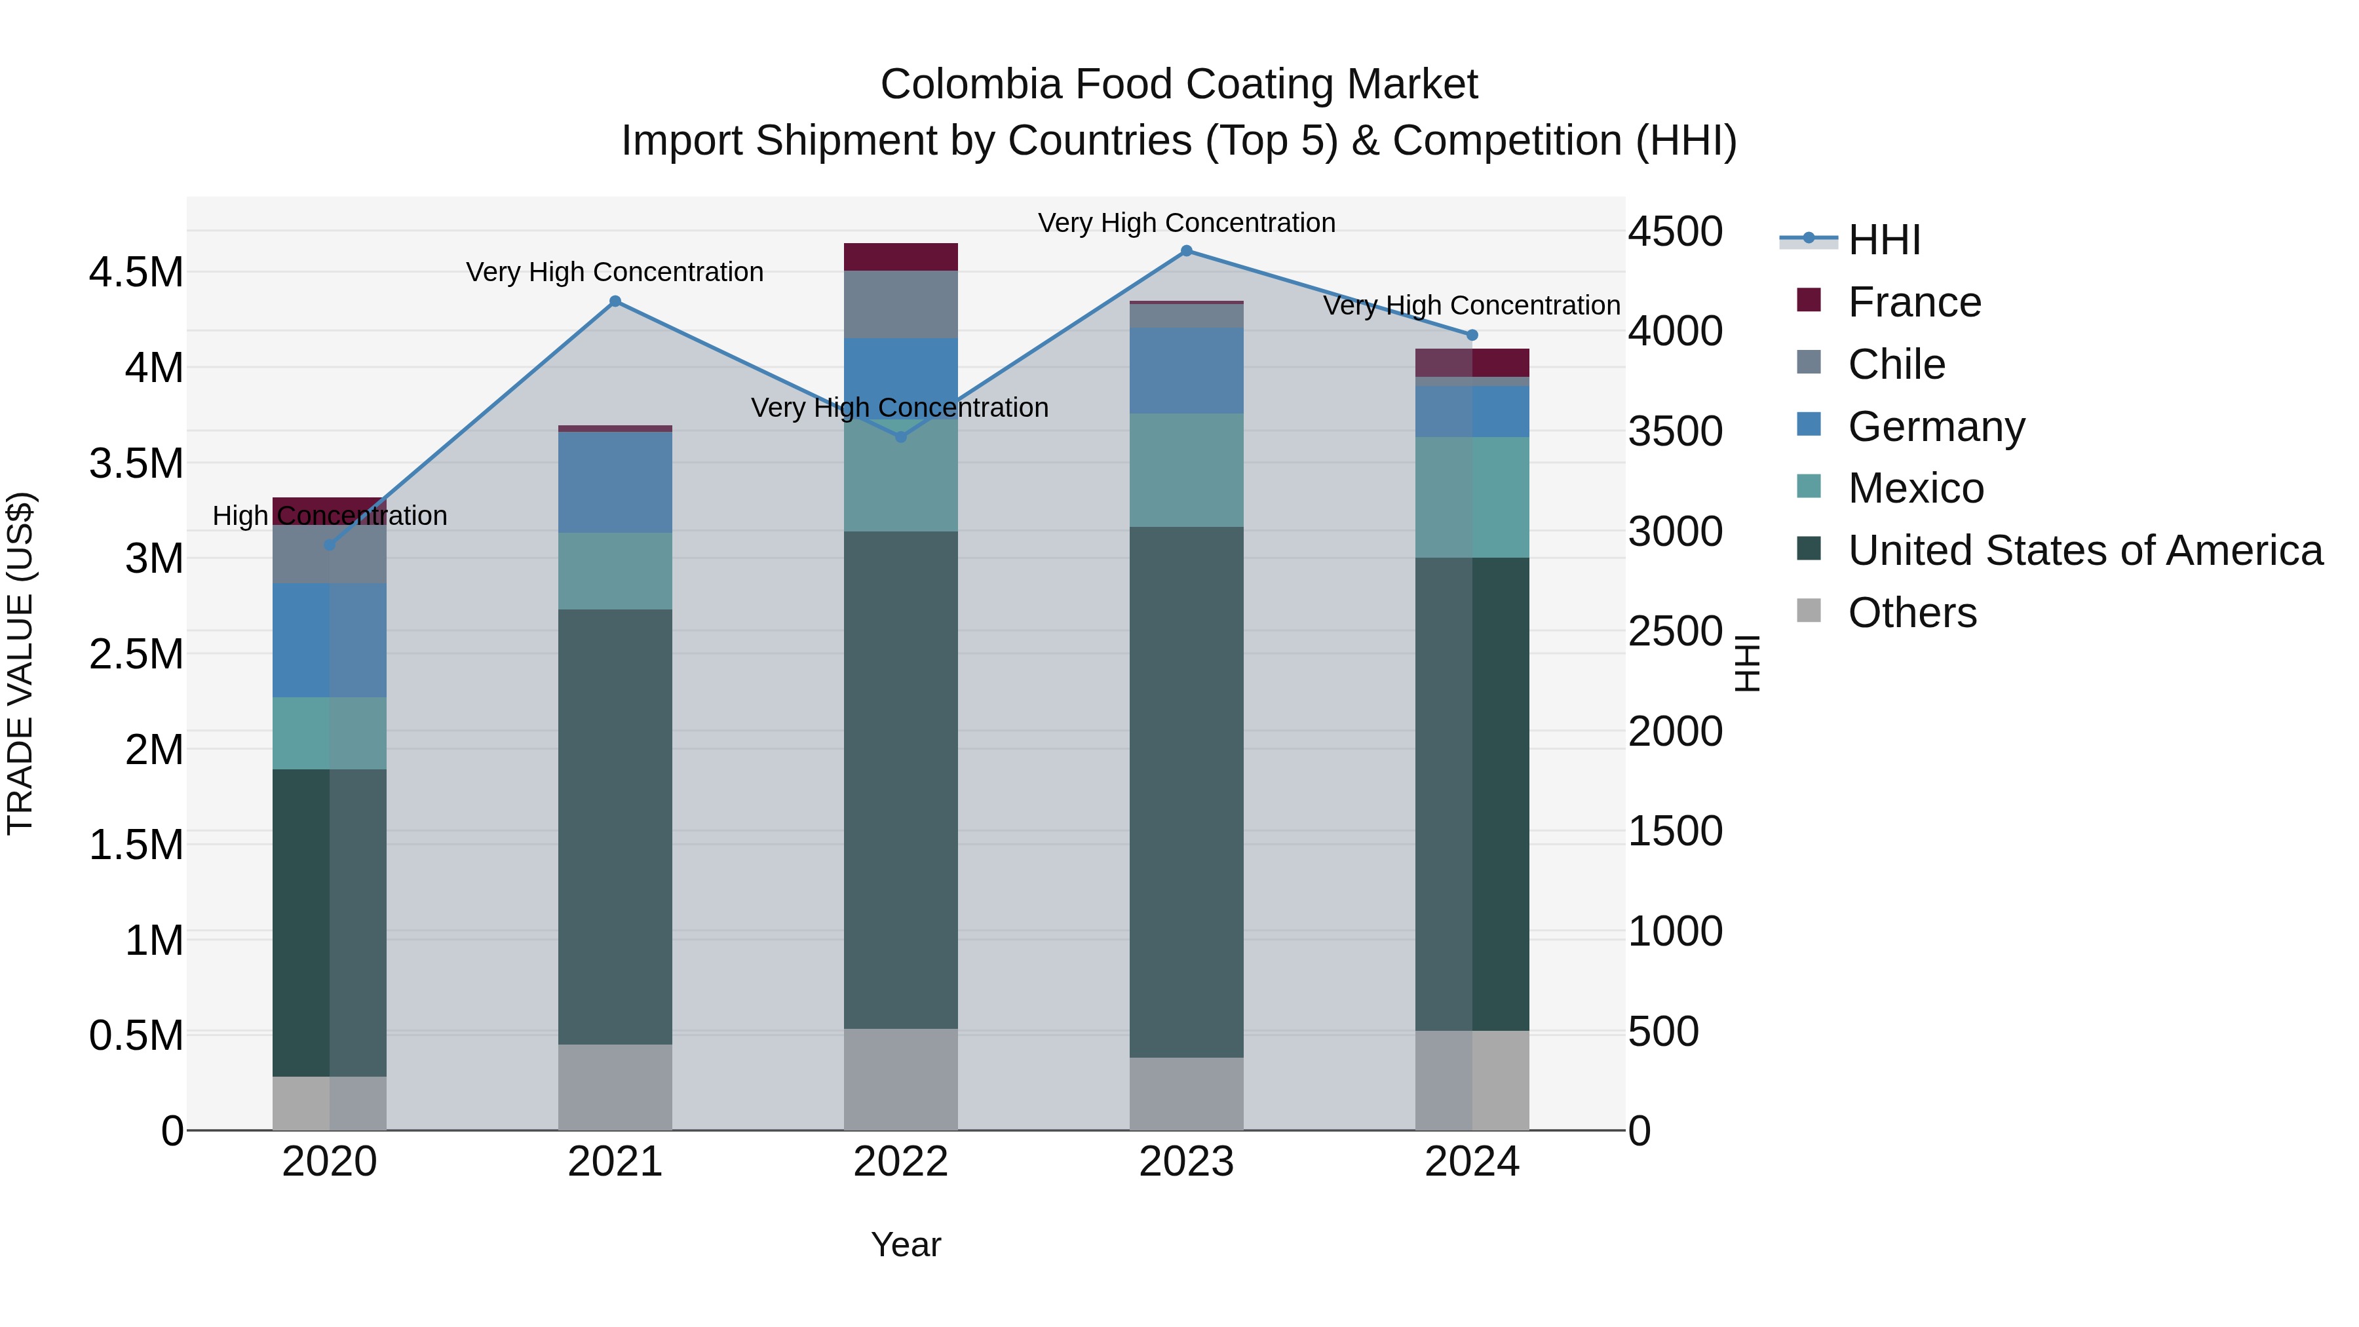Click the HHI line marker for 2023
coord(1186,251)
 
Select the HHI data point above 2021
coord(615,301)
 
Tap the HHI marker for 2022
coord(900,437)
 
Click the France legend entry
coord(1914,302)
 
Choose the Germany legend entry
coord(1936,427)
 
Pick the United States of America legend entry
coord(2084,550)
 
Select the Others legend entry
coord(1912,613)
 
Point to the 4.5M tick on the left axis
coord(136,273)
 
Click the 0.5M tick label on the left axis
coord(136,1036)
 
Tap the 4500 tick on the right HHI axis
coord(1675,232)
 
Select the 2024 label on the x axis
coord(1472,1162)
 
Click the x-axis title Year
coord(906,1244)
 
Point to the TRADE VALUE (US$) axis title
coord(21,663)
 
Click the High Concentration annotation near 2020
coord(330,516)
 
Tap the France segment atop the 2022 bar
coord(900,258)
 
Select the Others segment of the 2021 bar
coord(615,1087)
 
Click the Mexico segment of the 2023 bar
coord(1186,470)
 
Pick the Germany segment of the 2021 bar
coord(615,482)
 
